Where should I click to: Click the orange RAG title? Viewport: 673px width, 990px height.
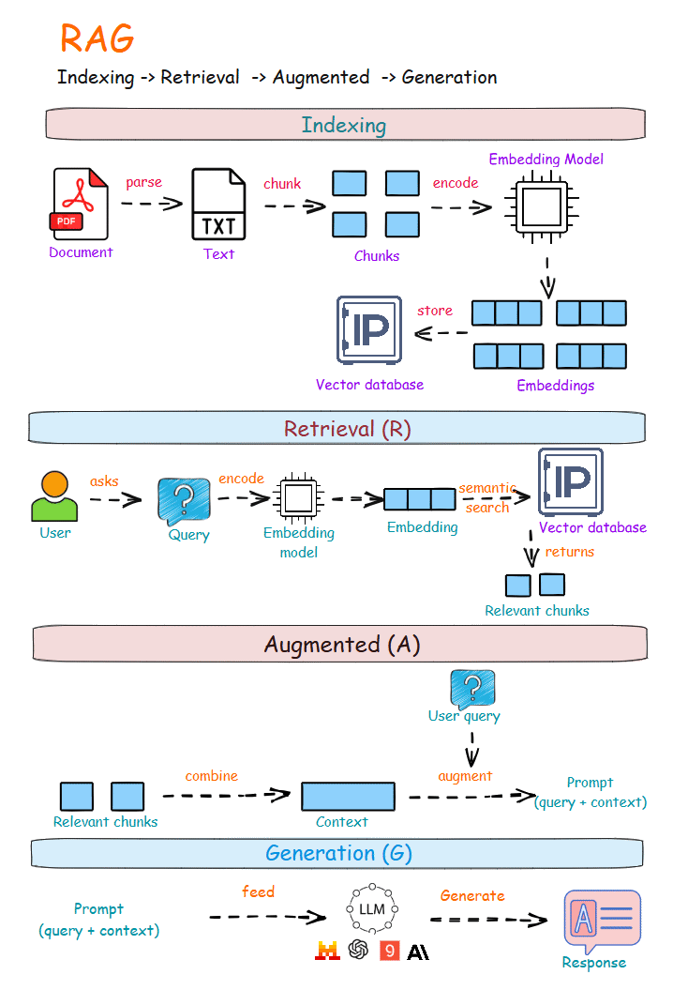97,38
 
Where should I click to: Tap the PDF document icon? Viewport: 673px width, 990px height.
81,203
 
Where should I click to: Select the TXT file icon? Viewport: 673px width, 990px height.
218,204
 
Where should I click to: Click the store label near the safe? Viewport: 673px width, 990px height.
435,311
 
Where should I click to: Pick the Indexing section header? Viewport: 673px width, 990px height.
344,125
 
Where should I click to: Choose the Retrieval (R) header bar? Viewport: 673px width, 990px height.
337,428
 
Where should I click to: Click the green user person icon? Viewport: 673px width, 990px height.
54,496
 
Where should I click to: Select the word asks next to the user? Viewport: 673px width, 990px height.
104,481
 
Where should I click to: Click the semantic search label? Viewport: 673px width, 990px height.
487,497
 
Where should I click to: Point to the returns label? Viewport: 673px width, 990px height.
569,552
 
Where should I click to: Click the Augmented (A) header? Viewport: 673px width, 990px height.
341,645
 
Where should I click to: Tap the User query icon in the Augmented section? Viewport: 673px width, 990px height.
471,688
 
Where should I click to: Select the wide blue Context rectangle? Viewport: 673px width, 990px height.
348,796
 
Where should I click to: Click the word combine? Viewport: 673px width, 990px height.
211,776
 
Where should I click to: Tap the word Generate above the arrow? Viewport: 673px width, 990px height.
472,896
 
